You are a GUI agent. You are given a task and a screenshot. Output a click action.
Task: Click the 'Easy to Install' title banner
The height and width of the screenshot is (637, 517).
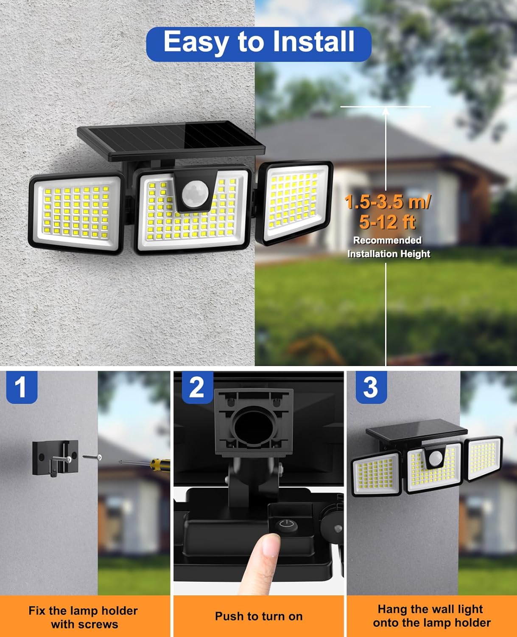point(259,43)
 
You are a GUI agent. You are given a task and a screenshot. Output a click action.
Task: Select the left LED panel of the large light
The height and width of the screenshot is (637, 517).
point(77,211)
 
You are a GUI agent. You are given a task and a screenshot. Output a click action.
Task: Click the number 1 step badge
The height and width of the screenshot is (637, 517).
point(21,387)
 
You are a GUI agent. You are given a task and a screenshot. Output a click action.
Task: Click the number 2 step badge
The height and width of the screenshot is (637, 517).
point(197,387)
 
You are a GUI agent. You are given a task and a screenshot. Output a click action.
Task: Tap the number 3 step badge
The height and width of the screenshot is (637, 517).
point(370,387)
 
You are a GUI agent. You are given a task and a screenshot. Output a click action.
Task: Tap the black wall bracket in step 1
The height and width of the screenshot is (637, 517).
point(56,457)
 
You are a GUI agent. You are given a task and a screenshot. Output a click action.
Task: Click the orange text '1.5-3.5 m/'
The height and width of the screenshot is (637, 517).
point(387,202)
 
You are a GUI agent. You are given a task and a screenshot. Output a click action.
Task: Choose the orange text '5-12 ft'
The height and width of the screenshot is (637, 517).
point(387,222)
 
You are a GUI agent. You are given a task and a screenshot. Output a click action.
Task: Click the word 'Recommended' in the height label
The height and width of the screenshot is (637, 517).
point(387,240)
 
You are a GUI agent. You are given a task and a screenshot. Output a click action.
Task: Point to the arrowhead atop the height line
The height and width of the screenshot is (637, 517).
point(386,111)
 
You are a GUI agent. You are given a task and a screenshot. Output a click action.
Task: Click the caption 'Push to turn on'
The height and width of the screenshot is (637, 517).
point(259,616)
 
